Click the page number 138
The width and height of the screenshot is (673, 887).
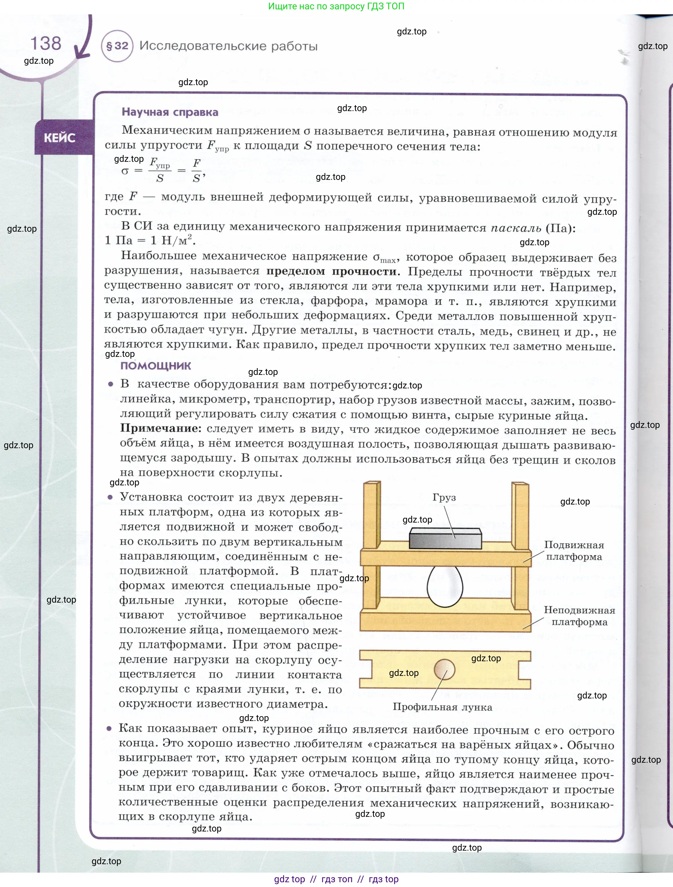[46, 43]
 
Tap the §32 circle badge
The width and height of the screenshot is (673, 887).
[117, 46]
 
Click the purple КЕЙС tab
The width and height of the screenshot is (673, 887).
[60, 138]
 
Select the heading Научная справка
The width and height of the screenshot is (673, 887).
[170, 112]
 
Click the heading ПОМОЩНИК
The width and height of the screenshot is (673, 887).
[156, 366]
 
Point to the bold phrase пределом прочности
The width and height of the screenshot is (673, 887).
[332, 271]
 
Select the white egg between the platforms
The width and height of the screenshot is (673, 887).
[445, 586]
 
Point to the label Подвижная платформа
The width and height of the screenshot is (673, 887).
[574, 550]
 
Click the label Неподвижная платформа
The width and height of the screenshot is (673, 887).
[579, 616]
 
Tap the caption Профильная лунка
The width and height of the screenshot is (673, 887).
[442, 707]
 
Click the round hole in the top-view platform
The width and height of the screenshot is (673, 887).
[445, 669]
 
